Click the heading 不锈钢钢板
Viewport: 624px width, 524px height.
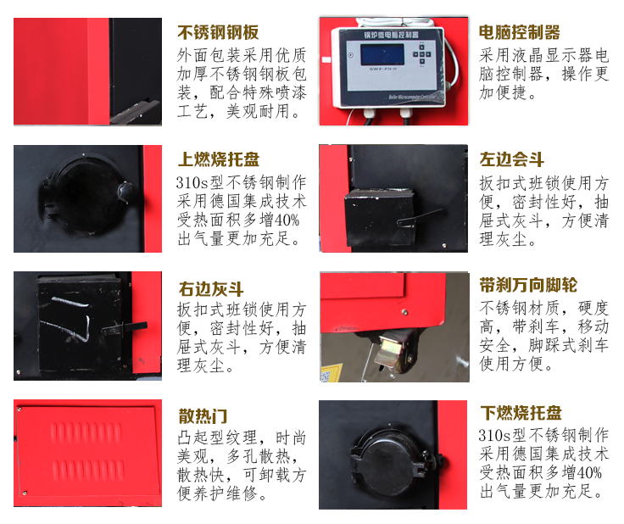click(218, 34)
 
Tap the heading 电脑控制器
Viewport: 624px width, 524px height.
click(520, 33)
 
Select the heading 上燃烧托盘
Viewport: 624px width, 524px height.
click(218, 160)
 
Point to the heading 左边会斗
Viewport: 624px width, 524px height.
click(512, 159)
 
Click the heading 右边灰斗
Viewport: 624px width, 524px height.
click(211, 287)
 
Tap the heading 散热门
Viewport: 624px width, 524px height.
click(203, 416)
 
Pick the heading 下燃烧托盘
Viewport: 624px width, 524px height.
click(520, 414)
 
